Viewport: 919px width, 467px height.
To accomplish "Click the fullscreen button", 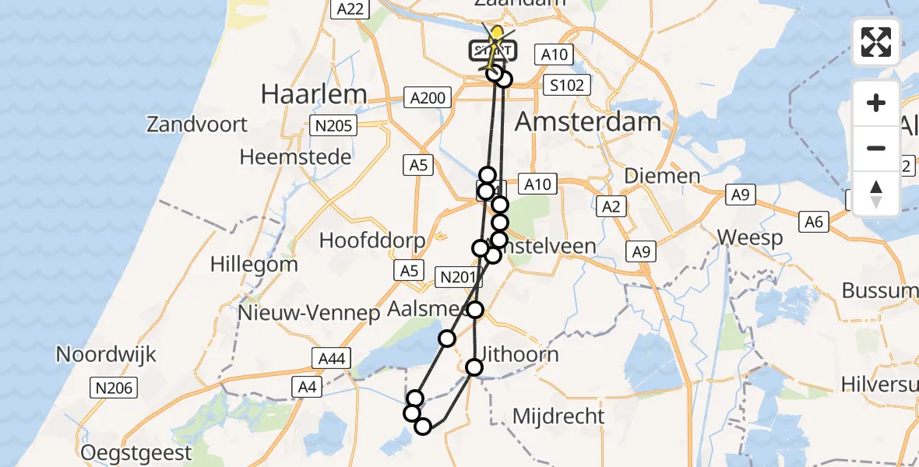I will [x=876, y=41].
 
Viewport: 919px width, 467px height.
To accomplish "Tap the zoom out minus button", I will [x=876, y=148].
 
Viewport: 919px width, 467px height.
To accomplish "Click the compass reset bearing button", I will [x=876, y=194].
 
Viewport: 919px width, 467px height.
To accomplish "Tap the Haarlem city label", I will [x=313, y=94].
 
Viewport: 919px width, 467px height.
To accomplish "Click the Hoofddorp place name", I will [x=372, y=240].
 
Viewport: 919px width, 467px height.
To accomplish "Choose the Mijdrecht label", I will [x=558, y=416].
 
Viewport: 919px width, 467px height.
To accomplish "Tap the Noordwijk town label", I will [x=106, y=355].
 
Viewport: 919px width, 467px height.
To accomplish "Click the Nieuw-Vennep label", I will [x=309, y=313].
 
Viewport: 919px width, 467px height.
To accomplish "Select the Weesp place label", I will [x=750, y=237].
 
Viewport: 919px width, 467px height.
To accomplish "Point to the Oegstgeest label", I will [x=136, y=452].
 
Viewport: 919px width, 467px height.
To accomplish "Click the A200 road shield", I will [x=428, y=97].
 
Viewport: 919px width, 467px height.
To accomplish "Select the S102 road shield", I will [x=566, y=85].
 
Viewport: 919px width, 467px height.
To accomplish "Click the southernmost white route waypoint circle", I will [x=423, y=427].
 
